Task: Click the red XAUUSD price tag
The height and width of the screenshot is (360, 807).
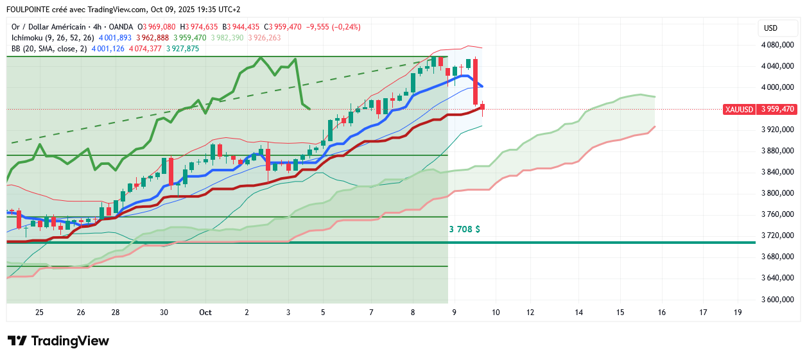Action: tap(759, 109)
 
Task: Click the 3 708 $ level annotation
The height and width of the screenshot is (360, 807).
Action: tap(464, 228)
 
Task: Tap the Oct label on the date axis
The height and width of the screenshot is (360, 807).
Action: tap(205, 313)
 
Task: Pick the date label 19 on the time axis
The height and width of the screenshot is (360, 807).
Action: tap(738, 313)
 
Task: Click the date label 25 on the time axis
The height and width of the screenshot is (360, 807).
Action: tap(40, 313)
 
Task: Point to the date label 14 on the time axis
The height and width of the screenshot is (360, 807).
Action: tap(578, 313)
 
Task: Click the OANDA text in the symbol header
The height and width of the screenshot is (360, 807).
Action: tap(121, 27)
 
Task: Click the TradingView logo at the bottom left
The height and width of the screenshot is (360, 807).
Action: tap(58, 341)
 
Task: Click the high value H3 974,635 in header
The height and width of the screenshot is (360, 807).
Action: tap(199, 27)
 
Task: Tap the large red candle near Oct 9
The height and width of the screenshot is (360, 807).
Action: tap(476, 81)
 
